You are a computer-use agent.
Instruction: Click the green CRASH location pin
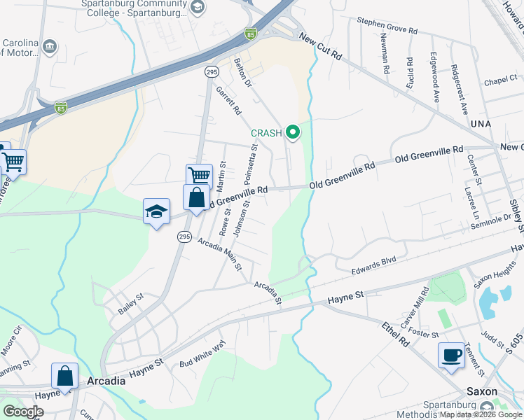click(x=293, y=132)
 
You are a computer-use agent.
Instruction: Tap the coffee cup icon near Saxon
click(x=450, y=355)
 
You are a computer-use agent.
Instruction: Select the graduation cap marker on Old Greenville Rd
click(x=156, y=211)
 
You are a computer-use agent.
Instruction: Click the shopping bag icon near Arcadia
click(x=64, y=376)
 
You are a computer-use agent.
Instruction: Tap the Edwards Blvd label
click(x=373, y=262)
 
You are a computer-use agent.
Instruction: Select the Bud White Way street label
click(x=202, y=355)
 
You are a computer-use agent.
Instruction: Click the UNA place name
click(x=481, y=123)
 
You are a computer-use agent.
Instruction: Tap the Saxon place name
click(x=483, y=391)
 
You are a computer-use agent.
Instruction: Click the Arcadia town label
click(x=106, y=381)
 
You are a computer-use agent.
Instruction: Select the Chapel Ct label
click(x=499, y=81)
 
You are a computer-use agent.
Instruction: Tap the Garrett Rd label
click(x=228, y=101)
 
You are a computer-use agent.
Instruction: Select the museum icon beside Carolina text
click(x=50, y=47)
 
